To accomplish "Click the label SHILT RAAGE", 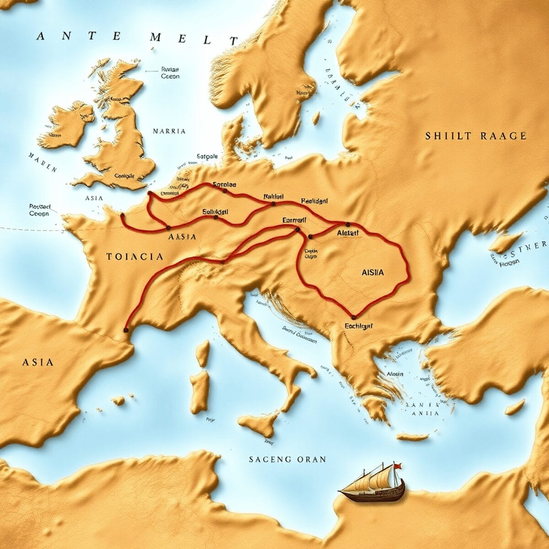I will (x=476, y=136).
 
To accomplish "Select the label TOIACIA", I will (x=135, y=257).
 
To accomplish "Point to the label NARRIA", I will (x=169, y=131).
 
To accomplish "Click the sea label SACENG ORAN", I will (x=287, y=459).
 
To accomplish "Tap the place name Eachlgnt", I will (x=359, y=326).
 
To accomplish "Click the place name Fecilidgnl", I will (x=318, y=201).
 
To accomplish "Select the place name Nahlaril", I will (x=274, y=196).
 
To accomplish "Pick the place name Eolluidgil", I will (x=215, y=212).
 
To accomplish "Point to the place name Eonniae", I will (x=225, y=185).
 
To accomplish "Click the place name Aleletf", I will (x=348, y=233).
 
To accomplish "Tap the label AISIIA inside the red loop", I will (x=372, y=272).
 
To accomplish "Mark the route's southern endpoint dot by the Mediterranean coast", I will (x=126, y=329).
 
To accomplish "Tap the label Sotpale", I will (x=207, y=156).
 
